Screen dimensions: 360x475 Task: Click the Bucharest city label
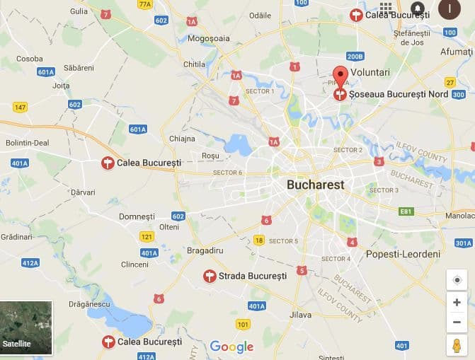click(x=315, y=185)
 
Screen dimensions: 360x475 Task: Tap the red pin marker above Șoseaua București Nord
click(x=340, y=76)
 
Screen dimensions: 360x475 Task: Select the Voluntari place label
click(x=370, y=72)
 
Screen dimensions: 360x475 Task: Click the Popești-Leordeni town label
click(x=403, y=254)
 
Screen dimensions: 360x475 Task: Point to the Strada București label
click(x=252, y=276)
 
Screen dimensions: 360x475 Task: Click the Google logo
click(x=231, y=347)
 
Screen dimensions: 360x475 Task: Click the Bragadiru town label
click(x=205, y=250)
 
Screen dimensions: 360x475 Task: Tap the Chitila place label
click(x=194, y=64)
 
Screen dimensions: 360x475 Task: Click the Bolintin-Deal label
click(x=28, y=142)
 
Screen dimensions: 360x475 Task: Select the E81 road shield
click(x=406, y=211)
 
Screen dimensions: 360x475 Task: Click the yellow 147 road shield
click(x=20, y=108)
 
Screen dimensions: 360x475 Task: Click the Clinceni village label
click(x=135, y=265)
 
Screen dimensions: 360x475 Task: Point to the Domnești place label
click(x=137, y=216)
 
